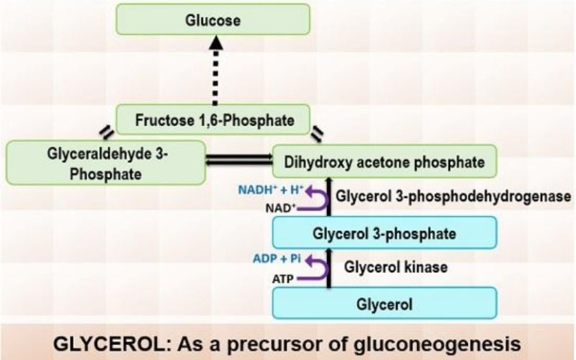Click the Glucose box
click(213, 19)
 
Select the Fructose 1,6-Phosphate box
click(214, 119)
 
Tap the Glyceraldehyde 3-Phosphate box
click(106, 162)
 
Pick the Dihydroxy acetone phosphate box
click(384, 161)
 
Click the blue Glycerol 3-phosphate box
click(384, 233)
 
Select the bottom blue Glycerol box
click(384, 304)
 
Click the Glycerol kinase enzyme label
click(385, 267)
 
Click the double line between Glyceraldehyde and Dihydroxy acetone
click(239, 159)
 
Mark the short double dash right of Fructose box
click(317, 133)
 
